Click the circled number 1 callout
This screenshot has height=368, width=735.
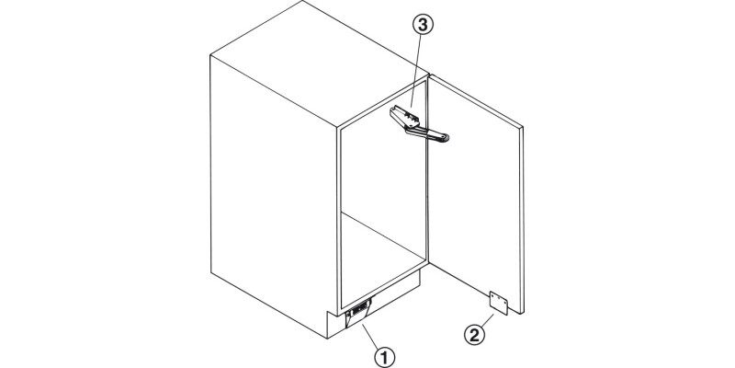[384, 359]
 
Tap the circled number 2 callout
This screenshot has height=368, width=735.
[474, 336]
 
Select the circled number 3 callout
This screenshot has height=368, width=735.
[423, 26]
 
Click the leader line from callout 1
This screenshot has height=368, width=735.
[370, 336]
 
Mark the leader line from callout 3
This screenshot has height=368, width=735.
[416, 73]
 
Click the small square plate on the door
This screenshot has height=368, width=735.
[498, 304]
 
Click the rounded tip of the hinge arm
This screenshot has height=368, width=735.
[445, 137]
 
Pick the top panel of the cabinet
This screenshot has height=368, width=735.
[320, 63]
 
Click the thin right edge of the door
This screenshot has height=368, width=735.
[522, 220]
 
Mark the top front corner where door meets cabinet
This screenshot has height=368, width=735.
[428, 75]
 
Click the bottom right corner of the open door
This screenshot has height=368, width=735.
[522, 313]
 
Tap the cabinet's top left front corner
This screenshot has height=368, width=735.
[210, 55]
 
